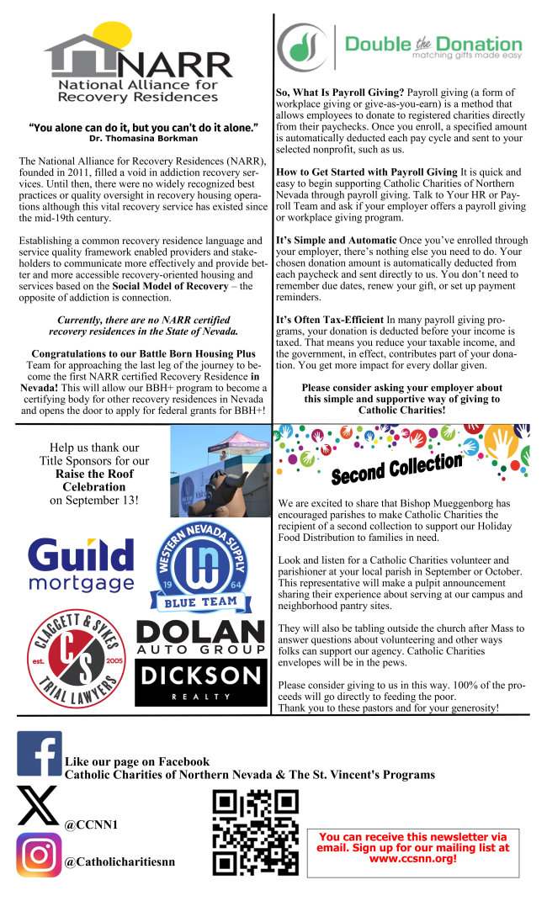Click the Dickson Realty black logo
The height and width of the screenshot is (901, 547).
pos(199,682)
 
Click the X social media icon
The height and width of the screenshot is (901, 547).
pos(38,806)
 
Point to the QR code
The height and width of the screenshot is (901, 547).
pos(255,833)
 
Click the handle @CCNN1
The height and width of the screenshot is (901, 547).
pos(91,824)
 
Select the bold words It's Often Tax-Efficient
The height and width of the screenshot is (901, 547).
pos(329,320)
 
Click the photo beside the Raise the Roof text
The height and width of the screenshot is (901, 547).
pos(220,470)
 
